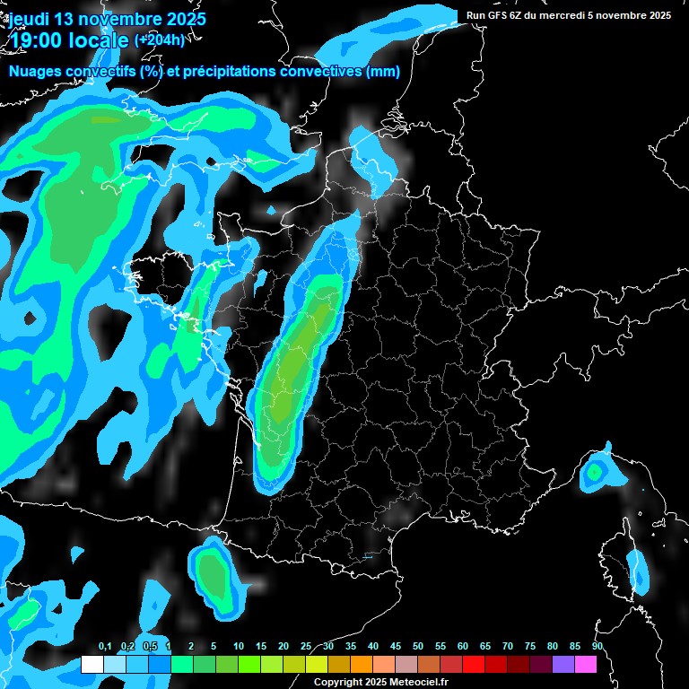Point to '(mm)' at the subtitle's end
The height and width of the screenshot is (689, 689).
click(x=383, y=72)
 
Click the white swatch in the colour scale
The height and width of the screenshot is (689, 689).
click(x=92, y=664)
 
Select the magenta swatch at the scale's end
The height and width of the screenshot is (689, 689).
click(x=586, y=664)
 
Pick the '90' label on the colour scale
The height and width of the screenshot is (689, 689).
click(x=597, y=647)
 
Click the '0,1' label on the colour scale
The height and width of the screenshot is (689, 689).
click(x=104, y=647)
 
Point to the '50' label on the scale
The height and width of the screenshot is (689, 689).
click(x=418, y=647)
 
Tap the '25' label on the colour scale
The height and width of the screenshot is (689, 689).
click(x=306, y=647)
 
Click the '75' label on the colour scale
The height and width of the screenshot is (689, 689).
click(x=530, y=647)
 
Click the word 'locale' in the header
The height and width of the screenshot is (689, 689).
click(x=96, y=39)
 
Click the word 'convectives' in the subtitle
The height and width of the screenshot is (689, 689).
click(x=320, y=72)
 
